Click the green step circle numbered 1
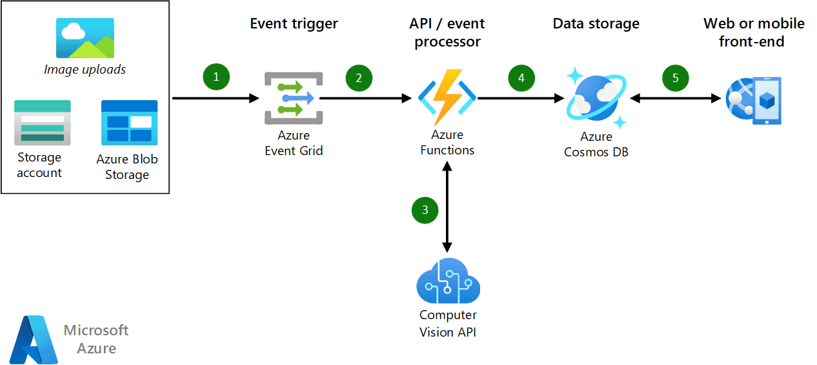[216, 77]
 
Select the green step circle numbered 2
[359, 78]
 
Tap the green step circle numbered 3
[425, 209]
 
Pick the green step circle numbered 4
[521, 78]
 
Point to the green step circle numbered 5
[676, 78]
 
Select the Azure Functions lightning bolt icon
[447, 98]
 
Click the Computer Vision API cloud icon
[448, 282]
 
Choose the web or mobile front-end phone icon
[754, 101]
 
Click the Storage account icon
[43, 123]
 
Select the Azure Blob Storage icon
[129, 122]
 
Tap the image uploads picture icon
[85, 37]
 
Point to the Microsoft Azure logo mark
[34, 339]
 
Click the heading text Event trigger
[294, 24]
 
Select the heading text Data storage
[596, 24]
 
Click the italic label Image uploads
[85, 69]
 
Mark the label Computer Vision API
[448, 324]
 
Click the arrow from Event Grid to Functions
[365, 98]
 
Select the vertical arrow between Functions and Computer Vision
[447, 207]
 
